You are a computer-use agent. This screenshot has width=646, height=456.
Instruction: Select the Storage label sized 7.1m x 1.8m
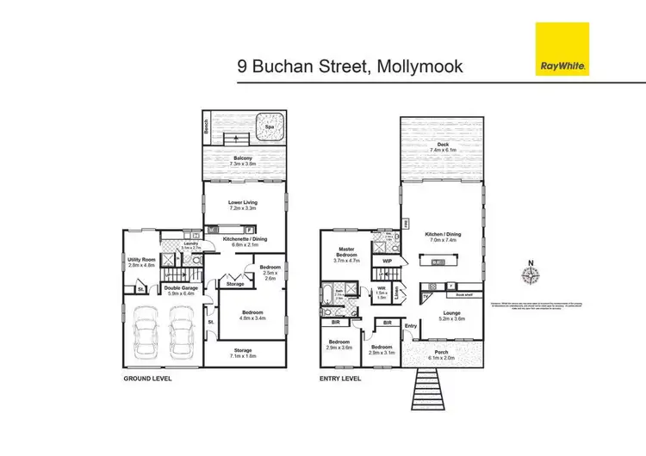[245, 352]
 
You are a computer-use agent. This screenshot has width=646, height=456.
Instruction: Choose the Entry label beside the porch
[411, 325]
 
